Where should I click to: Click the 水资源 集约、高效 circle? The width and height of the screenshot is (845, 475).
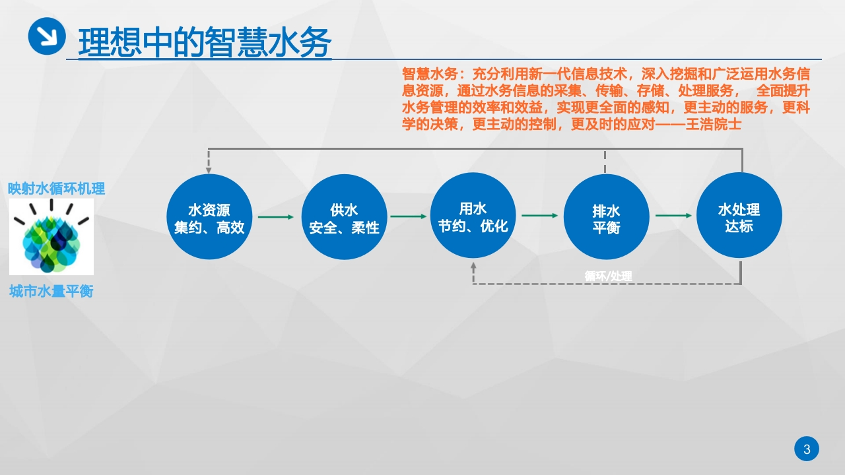coord(209,217)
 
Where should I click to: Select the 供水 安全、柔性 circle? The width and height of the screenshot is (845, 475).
coord(344,217)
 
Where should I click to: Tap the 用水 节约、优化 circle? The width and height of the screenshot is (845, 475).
coord(473,215)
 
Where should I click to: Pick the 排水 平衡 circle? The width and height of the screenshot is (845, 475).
coord(606,217)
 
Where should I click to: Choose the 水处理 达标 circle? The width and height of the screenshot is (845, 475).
coord(739,215)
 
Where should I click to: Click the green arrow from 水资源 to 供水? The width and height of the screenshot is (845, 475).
coord(276,217)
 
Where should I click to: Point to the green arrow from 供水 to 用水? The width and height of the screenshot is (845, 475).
coord(409,216)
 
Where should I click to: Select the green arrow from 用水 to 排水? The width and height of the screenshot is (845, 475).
coord(540,216)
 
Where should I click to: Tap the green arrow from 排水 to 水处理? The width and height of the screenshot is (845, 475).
coord(673,216)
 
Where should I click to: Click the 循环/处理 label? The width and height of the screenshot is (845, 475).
coord(608,276)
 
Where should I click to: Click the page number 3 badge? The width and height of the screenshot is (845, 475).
coord(807,449)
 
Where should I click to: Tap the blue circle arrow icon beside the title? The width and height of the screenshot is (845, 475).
coord(47,36)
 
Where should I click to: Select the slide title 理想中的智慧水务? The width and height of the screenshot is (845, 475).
coord(205,42)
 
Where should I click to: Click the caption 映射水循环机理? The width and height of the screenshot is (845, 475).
coord(57,189)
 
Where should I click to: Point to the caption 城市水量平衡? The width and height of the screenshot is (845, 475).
coord(51,292)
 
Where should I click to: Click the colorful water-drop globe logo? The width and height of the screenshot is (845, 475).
coord(51,237)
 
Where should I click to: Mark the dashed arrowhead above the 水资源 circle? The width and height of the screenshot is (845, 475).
coord(209,171)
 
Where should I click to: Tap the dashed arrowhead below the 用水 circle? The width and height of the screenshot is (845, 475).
coord(473,265)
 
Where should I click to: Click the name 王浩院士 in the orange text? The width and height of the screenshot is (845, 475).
coord(714,125)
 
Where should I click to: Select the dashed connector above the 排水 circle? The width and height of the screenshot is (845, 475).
coord(605,162)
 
